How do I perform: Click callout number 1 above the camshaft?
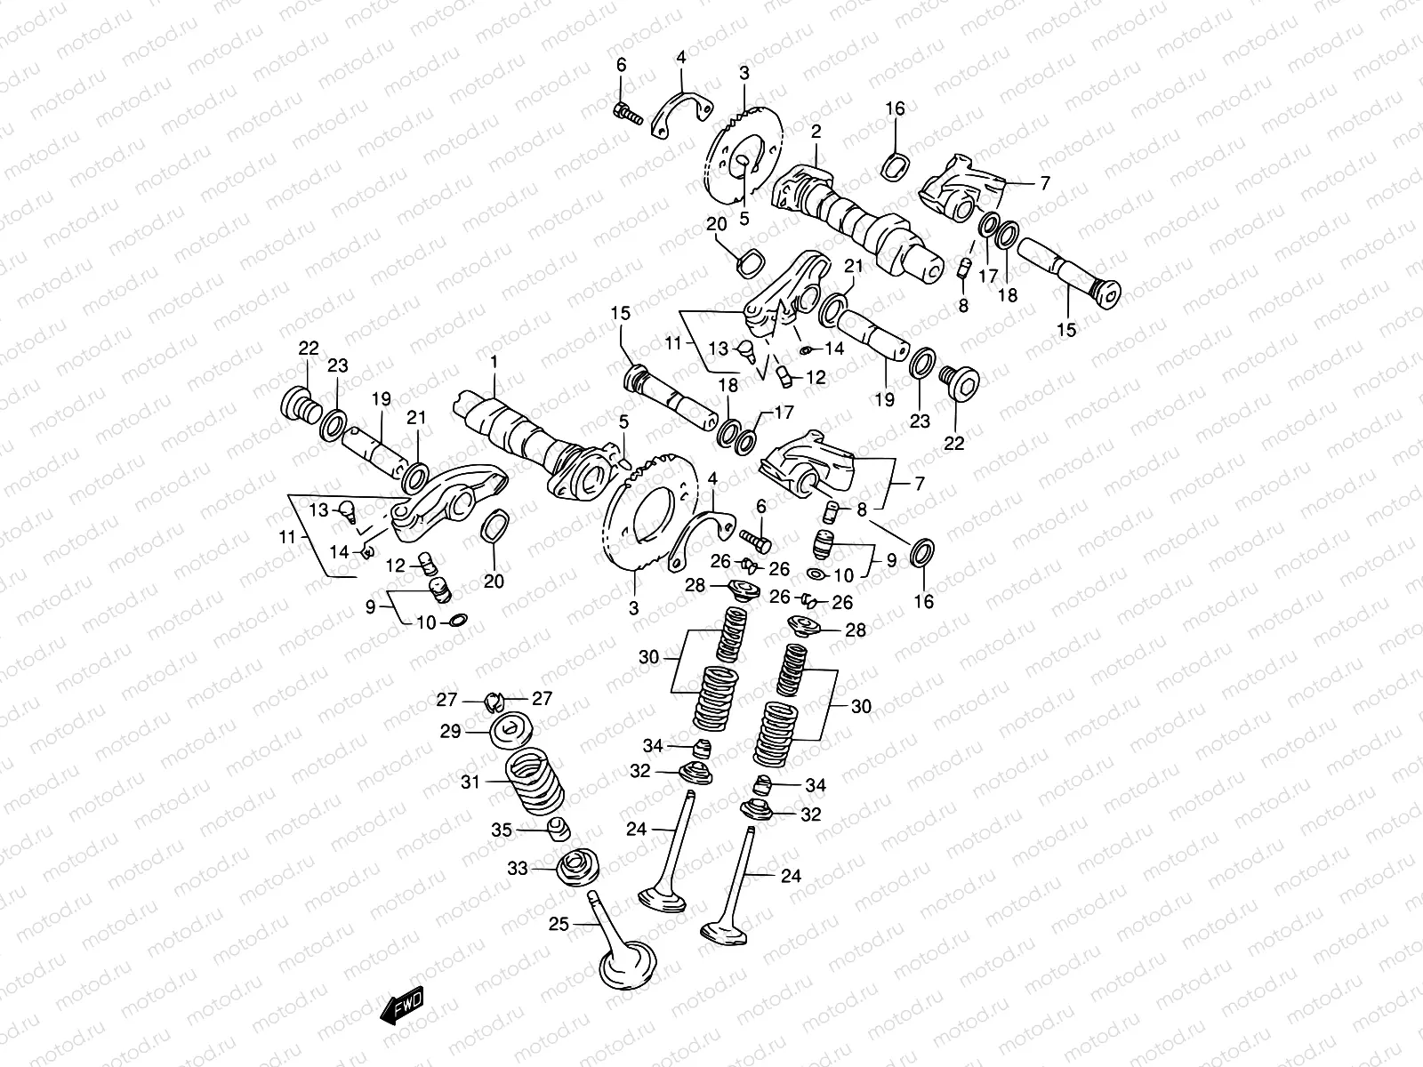tap(494, 363)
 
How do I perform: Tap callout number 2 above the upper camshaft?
tap(816, 132)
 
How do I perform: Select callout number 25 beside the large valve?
tap(558, 925)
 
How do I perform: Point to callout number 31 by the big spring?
tap(470, 782)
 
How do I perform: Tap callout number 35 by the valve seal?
tap(502, 830)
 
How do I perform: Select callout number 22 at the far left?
tap(308, 349)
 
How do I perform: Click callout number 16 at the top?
tap(895, 108)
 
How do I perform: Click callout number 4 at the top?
tap(681, 57)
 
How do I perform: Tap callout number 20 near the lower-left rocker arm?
tap(494, 582)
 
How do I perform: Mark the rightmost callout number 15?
tap(1066, 330)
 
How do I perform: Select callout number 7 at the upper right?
tap(1044, 183)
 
